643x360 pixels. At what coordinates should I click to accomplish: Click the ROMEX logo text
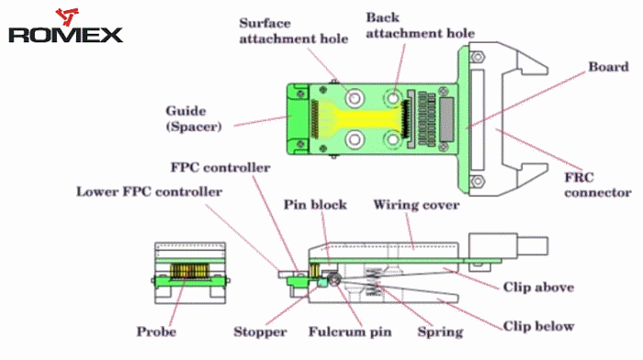tap(65, 35)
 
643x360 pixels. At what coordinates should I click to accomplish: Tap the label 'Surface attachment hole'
tap(294, 30)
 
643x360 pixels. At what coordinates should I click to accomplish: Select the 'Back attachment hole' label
tap(421, 25)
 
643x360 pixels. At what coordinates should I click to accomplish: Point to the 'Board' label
tap(608, 67)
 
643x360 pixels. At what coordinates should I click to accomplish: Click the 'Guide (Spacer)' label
tap(194, 118)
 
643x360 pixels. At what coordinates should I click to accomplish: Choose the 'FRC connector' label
tap(597, 185)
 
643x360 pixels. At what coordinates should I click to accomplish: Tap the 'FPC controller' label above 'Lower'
tap(220, 167)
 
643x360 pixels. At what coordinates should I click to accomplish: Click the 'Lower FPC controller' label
tap(149, 192)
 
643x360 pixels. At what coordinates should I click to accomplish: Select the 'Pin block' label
tap(315, 205)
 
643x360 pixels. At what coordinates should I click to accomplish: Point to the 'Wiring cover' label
tap(416, 205)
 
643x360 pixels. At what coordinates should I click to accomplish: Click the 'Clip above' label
tap(538, 287)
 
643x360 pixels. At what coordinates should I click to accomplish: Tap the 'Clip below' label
tap(538, 326)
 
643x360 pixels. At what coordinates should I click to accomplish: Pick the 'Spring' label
tap(440, 332)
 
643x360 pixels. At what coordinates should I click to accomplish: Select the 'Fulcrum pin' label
tap(350, 332)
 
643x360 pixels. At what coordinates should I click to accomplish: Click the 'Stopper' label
tap(260, 332)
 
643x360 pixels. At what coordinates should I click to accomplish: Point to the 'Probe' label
tap(156, 332)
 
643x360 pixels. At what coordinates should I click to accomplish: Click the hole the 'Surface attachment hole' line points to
tap(355, 98)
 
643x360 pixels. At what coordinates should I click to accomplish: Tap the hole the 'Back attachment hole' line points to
tap(393, 98)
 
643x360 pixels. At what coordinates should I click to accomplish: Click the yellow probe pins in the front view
tap(190, 271)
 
